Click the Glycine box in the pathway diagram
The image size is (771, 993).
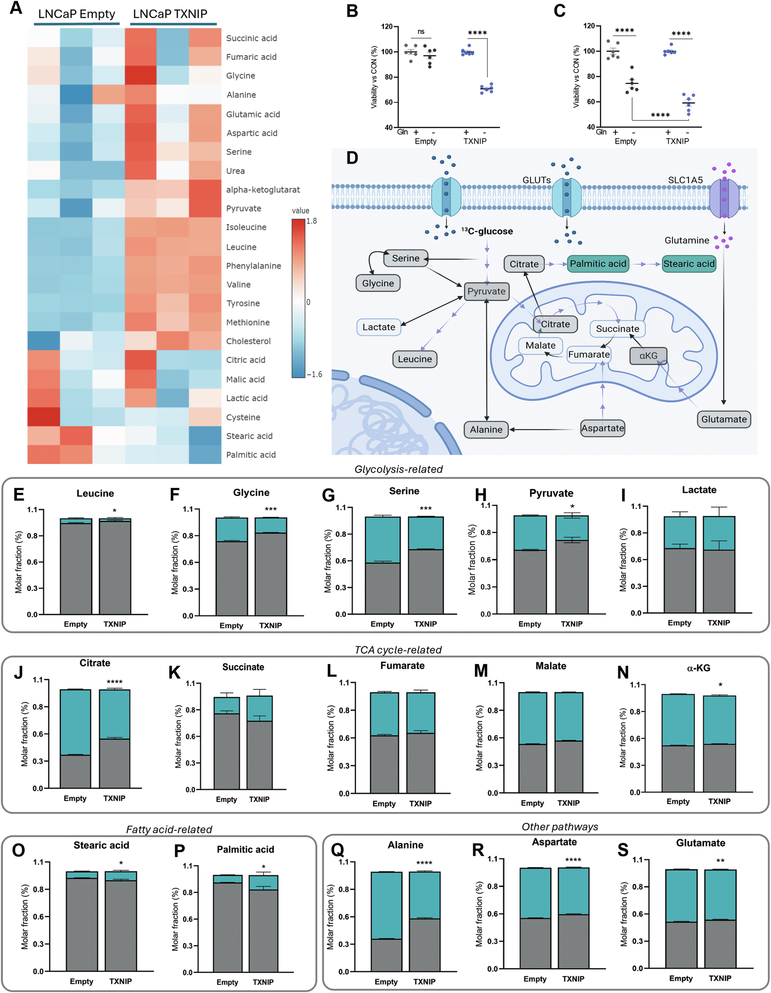click(378, 283)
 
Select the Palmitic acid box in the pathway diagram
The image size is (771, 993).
click(598, 264)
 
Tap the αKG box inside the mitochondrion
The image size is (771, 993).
click(648, 355)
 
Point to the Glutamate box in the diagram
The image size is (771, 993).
click(724, 419)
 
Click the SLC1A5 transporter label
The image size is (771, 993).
click(685, 180)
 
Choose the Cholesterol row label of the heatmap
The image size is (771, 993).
click(248, 341)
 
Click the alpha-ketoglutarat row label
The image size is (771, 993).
click(263, 189)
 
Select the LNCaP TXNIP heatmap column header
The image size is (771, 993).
click(170, 14)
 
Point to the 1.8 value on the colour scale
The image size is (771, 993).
click(311, 221)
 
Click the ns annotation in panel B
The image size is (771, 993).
click(421, 32)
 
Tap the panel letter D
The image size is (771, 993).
click(352, 158)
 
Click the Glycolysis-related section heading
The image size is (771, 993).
click(398, 469)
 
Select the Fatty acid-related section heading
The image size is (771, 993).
click(169, 829)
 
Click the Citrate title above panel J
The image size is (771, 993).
click(95, 663)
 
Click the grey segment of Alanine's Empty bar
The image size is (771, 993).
click(386, 955)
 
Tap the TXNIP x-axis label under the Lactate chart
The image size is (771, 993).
click(718, 623)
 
